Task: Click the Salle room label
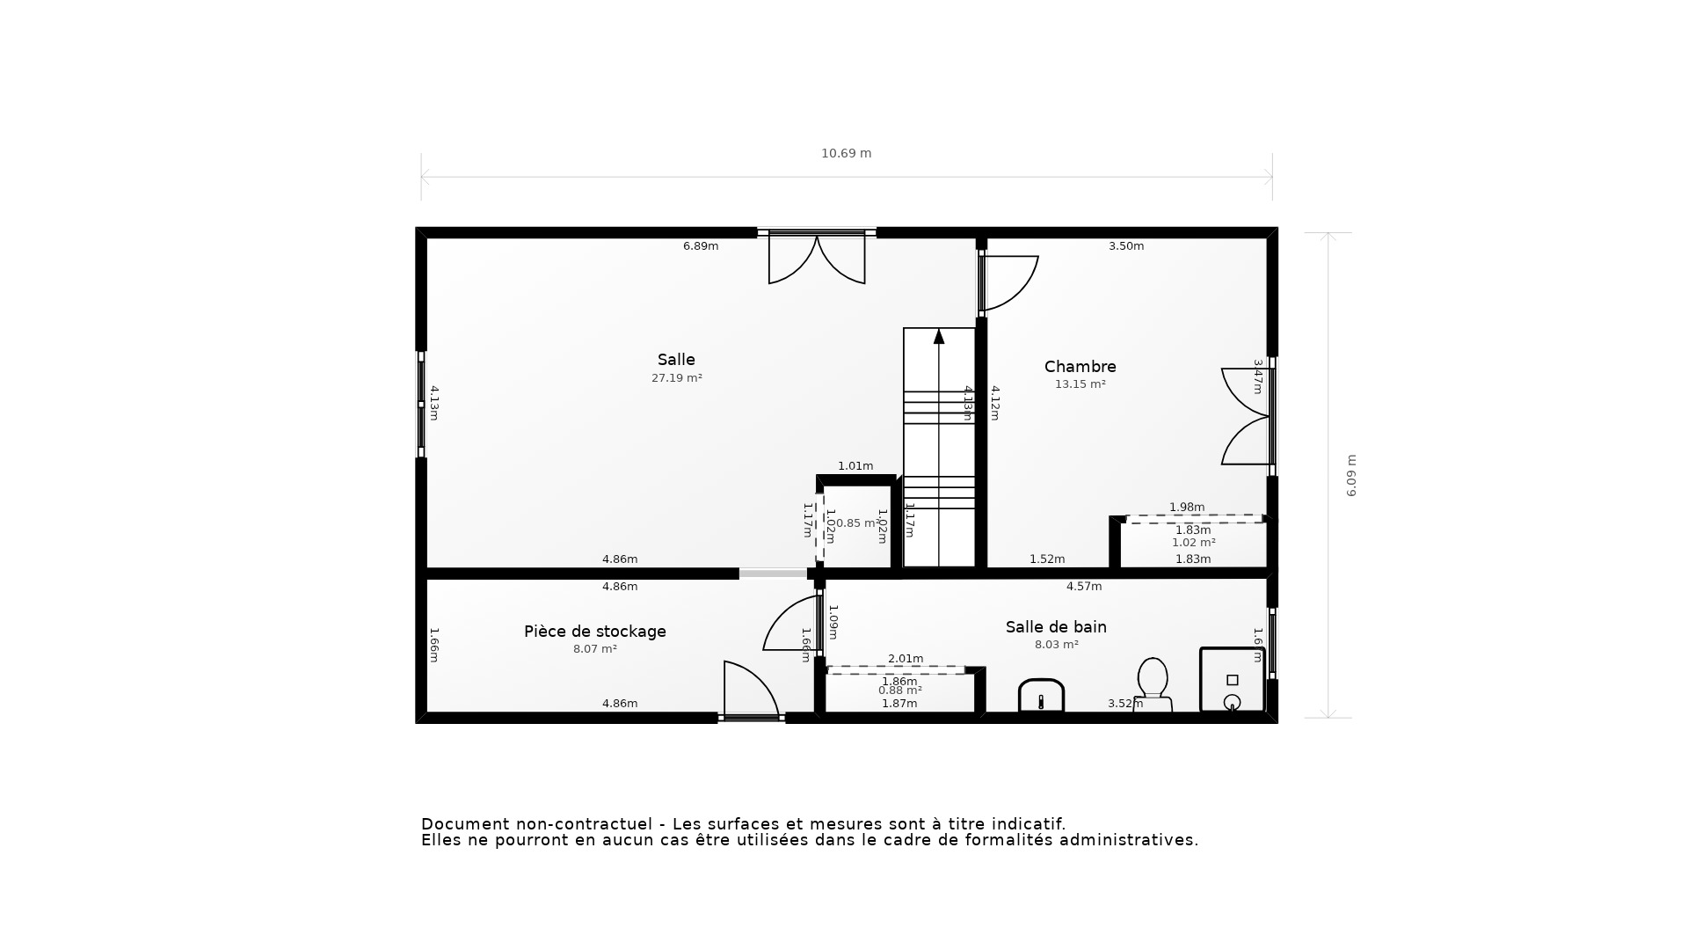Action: [x=676, y=360]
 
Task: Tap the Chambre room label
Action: [x=1080, y=367]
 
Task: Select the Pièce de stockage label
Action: [x=594, y=632]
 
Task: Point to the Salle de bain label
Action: [x=1056, y=627]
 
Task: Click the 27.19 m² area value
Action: [x=676, y=378]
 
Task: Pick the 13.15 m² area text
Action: [x=1080, y=384]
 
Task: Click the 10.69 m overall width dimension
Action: [x=846, y=153]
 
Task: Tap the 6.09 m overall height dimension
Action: [x=1351, y=475]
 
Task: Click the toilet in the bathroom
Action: [x=1153, y=683]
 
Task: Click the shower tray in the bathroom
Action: [x=1232, y=680]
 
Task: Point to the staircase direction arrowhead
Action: [x=939, y=336]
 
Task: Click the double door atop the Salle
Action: [x=817, y=257]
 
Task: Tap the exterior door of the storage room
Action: [x=750, y=691]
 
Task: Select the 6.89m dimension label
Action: [x=701, y=246]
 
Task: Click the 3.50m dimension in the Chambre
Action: [x=1125, y=246]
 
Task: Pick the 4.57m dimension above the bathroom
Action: [x=1083, y=587]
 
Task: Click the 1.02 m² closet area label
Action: [x=1193, y=543]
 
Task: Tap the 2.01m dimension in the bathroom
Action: [x=906, y=659]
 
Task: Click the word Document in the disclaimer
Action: [x=464, y=824]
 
